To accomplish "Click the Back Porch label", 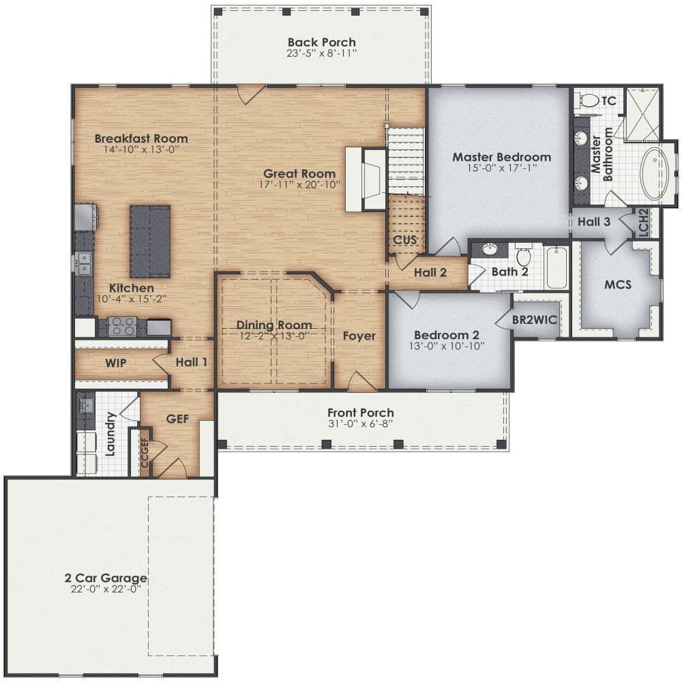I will (321, 42).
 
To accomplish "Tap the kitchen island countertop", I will (150, 241).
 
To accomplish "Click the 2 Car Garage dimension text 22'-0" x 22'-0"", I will (106, 589).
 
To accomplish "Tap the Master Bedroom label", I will (501, 157).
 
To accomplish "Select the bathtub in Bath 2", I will (557, 267).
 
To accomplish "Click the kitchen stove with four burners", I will (123, 327).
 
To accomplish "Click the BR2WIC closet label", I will (535, 318).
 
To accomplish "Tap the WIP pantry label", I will (115, 363).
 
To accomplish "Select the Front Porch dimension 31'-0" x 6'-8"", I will (360, 424).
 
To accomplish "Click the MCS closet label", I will (618, 284).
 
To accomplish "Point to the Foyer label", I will (359, 336).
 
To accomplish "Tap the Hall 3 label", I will (594, 221).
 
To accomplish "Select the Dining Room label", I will (274, 325).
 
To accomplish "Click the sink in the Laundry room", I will (87, 406).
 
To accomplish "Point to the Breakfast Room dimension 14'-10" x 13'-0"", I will (141, 149).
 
